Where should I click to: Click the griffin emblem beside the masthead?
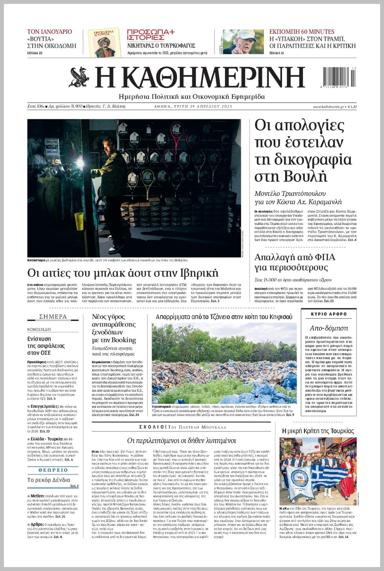79,77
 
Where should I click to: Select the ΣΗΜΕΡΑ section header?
53,317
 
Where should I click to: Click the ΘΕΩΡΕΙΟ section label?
53,470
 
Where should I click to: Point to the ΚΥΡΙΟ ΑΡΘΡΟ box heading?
329,314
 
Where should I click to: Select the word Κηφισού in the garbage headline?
278,317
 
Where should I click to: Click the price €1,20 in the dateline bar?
351,107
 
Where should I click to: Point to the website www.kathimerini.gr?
328,107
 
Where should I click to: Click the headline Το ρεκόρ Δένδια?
49,480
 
